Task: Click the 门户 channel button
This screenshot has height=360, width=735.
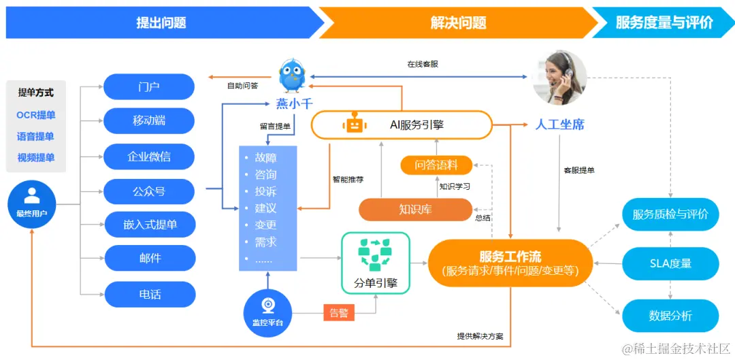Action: (149, 87)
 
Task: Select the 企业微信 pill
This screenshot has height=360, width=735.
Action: (149, 157)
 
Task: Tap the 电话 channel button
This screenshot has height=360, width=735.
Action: (149, 295)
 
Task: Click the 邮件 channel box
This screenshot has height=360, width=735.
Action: (149, 259)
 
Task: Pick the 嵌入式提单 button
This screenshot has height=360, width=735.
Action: (149, 225)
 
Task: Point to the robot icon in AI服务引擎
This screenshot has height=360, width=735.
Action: (353, 124)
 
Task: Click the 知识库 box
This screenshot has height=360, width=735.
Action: (415, 209)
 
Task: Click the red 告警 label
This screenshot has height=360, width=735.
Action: (339, 313)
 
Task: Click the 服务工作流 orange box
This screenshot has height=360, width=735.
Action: (510, 263)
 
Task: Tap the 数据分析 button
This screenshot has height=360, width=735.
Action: (670, 316)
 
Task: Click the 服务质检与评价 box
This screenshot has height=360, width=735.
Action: (670, 214)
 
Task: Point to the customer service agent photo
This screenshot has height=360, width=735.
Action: (559, 78)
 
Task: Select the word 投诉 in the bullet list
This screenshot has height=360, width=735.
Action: (265, 191)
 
